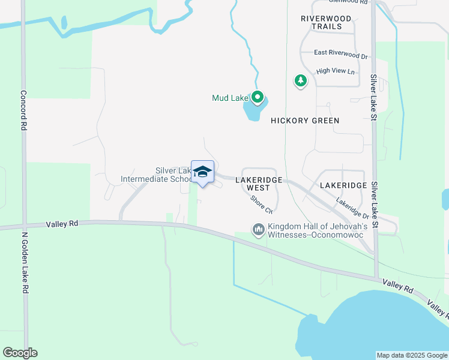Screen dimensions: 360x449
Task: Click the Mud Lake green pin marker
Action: (x=258, y=97)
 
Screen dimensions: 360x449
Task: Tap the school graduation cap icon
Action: (x=203, y=172)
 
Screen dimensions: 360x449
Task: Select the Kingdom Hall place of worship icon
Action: (x=259, y=230)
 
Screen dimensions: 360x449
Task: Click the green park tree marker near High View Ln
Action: (x=300, y=80)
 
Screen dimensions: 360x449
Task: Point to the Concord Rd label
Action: (x=24, y=110)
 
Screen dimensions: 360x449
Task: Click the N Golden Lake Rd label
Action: (x=25, y=263)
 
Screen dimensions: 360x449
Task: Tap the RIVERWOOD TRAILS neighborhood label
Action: (x=326, y=23)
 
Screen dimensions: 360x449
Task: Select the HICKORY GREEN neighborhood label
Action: (x=305, y=121)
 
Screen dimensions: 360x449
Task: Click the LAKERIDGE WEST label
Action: (x=257, y=184)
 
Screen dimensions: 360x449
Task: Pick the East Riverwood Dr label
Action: (x=340, y=55)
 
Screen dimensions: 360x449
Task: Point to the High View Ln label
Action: (x=336, y=71)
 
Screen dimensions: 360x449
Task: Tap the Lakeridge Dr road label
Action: (x=352, y=208)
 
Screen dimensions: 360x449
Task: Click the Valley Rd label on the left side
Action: (x=62, y=224)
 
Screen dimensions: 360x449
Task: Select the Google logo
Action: (x=20, y=353)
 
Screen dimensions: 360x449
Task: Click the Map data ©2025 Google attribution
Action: (x=412, y=355)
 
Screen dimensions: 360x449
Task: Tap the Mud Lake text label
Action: (x=229, y=98)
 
